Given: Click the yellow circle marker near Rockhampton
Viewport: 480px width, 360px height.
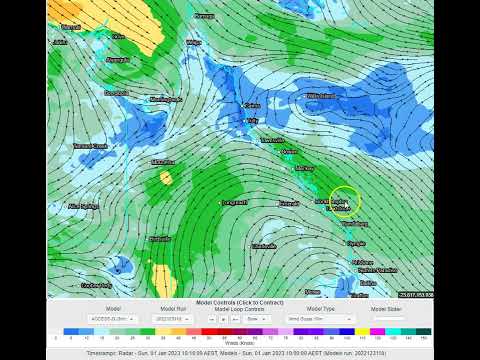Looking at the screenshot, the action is [x=345, y=201].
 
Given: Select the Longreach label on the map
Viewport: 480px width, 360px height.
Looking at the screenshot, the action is [x=234, y=202].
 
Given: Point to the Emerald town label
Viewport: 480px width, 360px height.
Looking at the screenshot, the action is [x=289, y=203].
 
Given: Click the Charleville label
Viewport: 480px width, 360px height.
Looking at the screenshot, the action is [x=264, y=245].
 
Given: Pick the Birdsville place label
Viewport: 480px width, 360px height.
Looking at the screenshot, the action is [x=160, y=239].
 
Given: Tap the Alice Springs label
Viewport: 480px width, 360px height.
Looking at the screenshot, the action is [x=83, y=205].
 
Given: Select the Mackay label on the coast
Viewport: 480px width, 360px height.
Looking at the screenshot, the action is [x=305, y=169].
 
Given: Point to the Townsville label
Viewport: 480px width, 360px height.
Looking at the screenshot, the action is [x=273, y=141].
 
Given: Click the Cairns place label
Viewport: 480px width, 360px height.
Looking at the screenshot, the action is [x=252, y=104].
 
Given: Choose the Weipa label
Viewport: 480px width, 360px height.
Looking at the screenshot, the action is [x=193, y=43].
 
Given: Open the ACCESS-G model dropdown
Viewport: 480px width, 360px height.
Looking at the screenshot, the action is [x=113, y=318].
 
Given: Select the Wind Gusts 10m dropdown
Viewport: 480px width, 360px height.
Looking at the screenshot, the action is [x=314, y=318].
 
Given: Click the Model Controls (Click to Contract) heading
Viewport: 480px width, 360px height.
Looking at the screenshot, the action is [x=239, y=302].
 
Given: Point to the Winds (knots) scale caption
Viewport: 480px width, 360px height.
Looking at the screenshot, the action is [x=239, y=342].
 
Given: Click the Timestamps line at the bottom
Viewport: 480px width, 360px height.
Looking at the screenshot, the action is [x=239, y=353].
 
